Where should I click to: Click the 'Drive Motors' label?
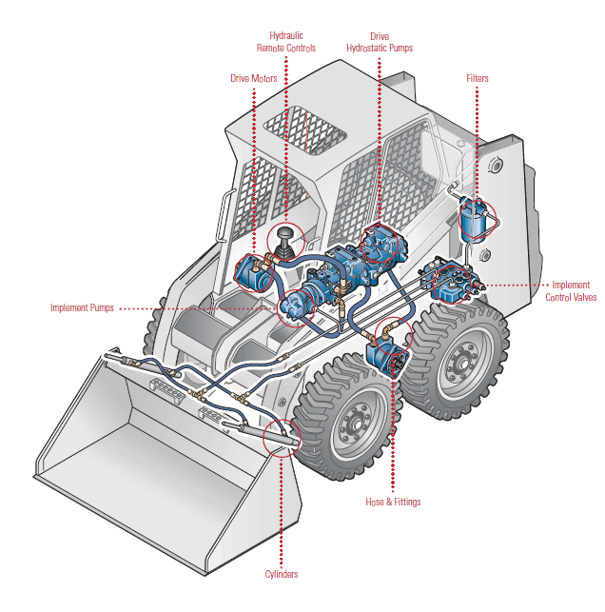(x=254, y=78)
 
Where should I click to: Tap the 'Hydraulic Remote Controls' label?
(x=285, y=42)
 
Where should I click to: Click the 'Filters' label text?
(x=478, y=78)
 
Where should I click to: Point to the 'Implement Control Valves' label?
(x=571, y=291)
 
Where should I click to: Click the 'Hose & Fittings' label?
(x=393, y=502)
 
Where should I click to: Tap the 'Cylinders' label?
(x=282, y=574)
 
